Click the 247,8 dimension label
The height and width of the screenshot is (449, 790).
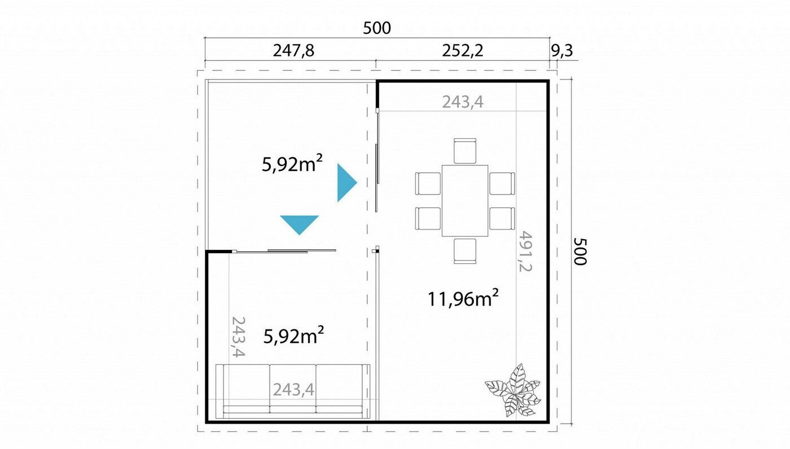click(x=293, y=51)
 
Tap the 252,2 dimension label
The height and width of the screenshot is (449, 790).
click(x=462, y=51)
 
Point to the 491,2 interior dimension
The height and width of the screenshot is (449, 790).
click(x=525, y=251)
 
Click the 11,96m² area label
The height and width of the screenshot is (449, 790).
click(x=463, y=298)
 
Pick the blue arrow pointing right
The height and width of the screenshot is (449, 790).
click(x=347, y=183)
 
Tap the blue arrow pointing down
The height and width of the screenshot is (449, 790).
click(x=300, y=225)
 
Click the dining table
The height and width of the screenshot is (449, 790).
click(x=465, y=201)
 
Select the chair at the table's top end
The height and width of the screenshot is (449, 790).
click(x=465, y=151)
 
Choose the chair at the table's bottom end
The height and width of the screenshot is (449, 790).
click(x=465, y=251)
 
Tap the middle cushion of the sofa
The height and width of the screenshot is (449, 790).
click(x=293, y=389)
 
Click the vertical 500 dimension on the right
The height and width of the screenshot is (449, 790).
click(x=580, y=251)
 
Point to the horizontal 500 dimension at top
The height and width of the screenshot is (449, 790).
click(x=377, y=28)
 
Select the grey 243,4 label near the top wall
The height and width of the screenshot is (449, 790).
click(x=463, y=102)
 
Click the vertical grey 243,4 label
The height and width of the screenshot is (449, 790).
click(x=238, y=337)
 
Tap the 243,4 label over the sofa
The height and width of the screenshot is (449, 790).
click(x=293, y=390)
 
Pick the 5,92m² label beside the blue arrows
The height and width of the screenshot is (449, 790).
click(x=292, y=164)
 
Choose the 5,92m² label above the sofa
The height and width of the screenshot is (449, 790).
click(x=294, y=336)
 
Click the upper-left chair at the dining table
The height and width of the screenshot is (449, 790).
click(x=428, y=183)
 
